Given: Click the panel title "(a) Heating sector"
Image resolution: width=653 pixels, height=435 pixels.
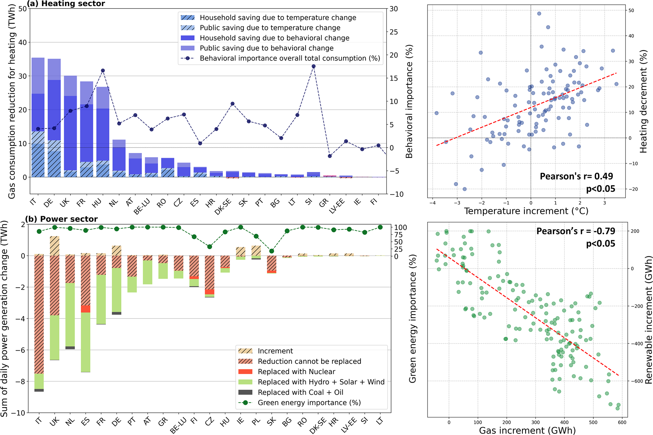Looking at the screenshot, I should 66,4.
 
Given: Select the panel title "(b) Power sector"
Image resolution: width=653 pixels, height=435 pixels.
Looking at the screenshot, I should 61,219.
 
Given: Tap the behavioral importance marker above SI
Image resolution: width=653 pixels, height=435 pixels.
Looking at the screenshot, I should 313,66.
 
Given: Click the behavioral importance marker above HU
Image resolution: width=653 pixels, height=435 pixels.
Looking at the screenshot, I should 103,70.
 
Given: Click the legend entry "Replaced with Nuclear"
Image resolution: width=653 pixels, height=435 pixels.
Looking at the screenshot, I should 296,372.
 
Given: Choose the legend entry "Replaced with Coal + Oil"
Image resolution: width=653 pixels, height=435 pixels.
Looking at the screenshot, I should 300,392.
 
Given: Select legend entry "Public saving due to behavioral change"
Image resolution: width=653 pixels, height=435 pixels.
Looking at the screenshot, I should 266,48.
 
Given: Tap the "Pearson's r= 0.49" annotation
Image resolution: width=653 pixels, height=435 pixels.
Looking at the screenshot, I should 576,176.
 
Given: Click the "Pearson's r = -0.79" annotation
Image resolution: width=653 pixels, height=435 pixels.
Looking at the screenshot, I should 576,231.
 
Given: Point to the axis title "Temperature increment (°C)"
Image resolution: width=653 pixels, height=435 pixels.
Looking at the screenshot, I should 526,211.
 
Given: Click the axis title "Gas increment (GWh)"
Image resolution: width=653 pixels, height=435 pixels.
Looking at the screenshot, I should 527,430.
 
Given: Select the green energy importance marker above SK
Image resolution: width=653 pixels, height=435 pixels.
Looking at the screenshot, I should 271,251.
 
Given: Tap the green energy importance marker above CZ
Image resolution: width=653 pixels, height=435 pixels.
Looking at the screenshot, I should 209,247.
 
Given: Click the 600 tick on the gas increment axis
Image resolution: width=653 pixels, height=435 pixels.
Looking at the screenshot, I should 622,422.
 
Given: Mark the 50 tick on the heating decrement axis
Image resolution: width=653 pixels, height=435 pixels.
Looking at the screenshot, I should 631,10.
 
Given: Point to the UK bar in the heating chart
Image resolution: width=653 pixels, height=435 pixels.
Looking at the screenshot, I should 70,126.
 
